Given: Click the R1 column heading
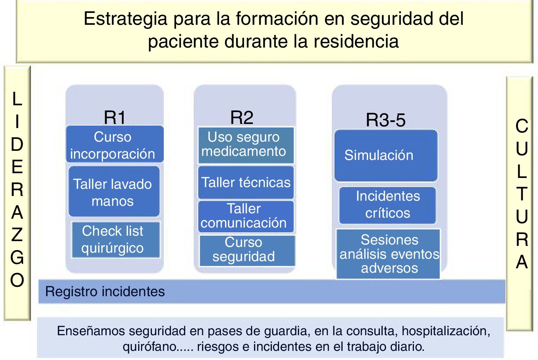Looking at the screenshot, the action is click(x=115, y=118).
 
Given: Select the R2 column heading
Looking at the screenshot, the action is click(x=242, y=118).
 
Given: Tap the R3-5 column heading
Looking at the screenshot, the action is click(x=385, y=120).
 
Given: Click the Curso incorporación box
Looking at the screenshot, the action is click(x=115, y=145).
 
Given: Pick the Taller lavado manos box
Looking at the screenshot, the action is click(x=114, y=192).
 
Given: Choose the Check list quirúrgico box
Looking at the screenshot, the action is click(x=115, y=240).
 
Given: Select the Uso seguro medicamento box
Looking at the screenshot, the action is click(x=246, y=145).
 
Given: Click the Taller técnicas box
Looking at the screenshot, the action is click(x=246, y=182).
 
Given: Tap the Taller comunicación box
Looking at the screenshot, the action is click(x=246, y=216).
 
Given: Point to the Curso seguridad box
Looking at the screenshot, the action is click(x=247, y=250).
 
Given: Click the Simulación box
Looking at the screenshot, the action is click(x=385, y=156).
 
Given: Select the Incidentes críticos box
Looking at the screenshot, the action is click(x=387, y=205).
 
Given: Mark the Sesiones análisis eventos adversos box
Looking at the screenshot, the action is click(x=388, y=254).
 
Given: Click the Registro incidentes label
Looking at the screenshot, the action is click(x=105, y=291).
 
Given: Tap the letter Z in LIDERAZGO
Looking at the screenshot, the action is click(x=17, y=235).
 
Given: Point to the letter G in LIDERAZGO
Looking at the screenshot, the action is click(x=17, y=257).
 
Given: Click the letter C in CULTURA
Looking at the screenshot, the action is click(x=522, y=126).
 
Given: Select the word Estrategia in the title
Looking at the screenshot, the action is click(x=125, y=19).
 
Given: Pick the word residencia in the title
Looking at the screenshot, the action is click(x=356, y=42).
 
